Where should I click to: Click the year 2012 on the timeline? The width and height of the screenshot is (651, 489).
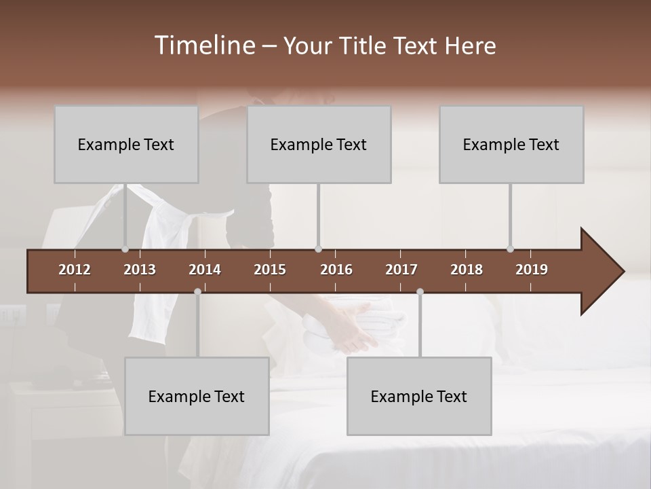click(x=75, y=270)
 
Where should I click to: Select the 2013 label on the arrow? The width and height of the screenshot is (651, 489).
click(x=140, y=270)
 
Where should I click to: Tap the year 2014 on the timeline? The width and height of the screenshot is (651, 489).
click(x=205, y=270)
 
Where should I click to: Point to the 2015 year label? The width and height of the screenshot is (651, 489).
click(x=270, y=270)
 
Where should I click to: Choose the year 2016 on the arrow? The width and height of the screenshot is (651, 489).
click(x=336, y=270)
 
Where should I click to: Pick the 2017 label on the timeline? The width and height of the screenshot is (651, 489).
click(x=401, y=270)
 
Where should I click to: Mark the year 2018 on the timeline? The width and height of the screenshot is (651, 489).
click(x=467, y=270)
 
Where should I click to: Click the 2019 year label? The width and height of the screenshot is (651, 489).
click(x=532, y=270)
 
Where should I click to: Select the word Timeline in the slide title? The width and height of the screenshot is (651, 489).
click(x=205, y=45)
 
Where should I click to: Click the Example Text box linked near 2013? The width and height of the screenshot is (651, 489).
click(x=126, y=144)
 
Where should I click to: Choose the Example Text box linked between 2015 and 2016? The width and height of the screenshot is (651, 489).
click(x=319, y=144)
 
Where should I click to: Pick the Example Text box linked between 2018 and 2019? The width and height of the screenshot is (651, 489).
click(x=511, y=144)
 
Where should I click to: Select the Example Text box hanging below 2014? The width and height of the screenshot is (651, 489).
click(x=197, y=396)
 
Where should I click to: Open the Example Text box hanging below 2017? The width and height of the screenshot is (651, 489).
click(x=419, y=396)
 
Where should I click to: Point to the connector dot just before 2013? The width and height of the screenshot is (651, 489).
click(x=125, y=249)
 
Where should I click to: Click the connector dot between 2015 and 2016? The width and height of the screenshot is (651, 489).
click(x=318, y=249)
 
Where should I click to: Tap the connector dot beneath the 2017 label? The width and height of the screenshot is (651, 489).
click(x=420, y=291)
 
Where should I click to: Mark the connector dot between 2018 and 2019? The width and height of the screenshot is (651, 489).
click(x=510, y=249)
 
